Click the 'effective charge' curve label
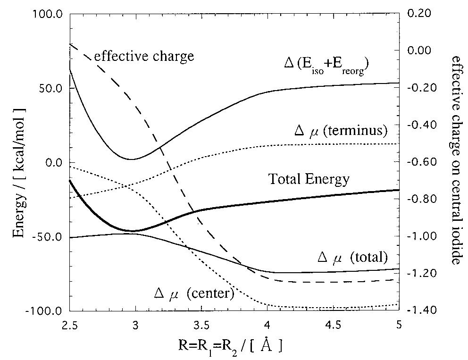pos(144,57)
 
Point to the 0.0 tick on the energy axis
pos(53,163)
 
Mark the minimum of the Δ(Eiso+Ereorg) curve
pos(132,159)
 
